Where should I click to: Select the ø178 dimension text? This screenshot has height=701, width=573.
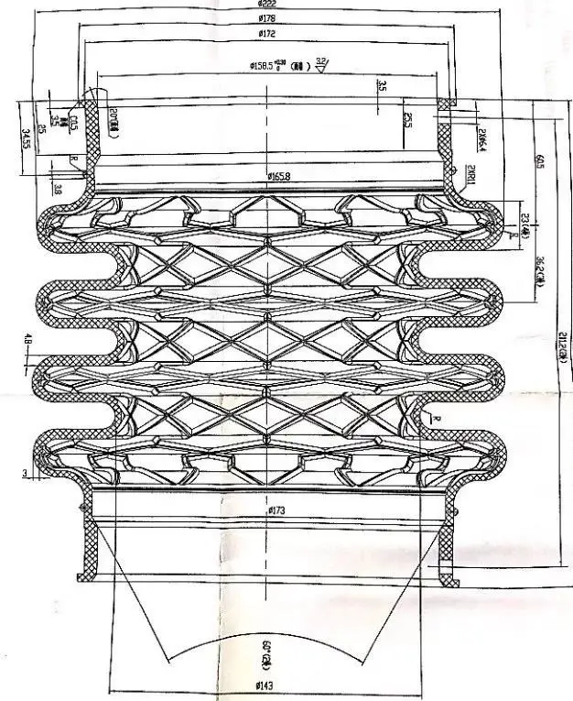pyautogui.click(x=268, y=18)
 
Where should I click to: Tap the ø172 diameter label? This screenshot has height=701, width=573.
pyautogui.click(x=268, y=36)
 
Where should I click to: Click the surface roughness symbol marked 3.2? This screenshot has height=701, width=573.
pyautogui.click(x=321, y=63)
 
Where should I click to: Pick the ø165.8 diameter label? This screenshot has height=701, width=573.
pyautogui.click(x=279, y=177)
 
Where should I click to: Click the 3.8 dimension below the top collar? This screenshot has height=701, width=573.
pyautogui.click(x=57, y=190)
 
